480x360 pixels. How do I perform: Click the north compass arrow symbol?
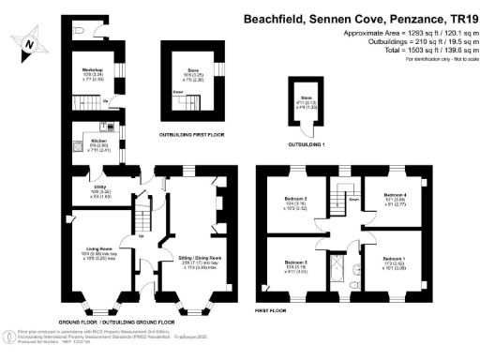(x=30, y=41)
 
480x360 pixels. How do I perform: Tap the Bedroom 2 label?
(x=296, y=199)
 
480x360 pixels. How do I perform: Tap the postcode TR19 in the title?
(x=457, y=17)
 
